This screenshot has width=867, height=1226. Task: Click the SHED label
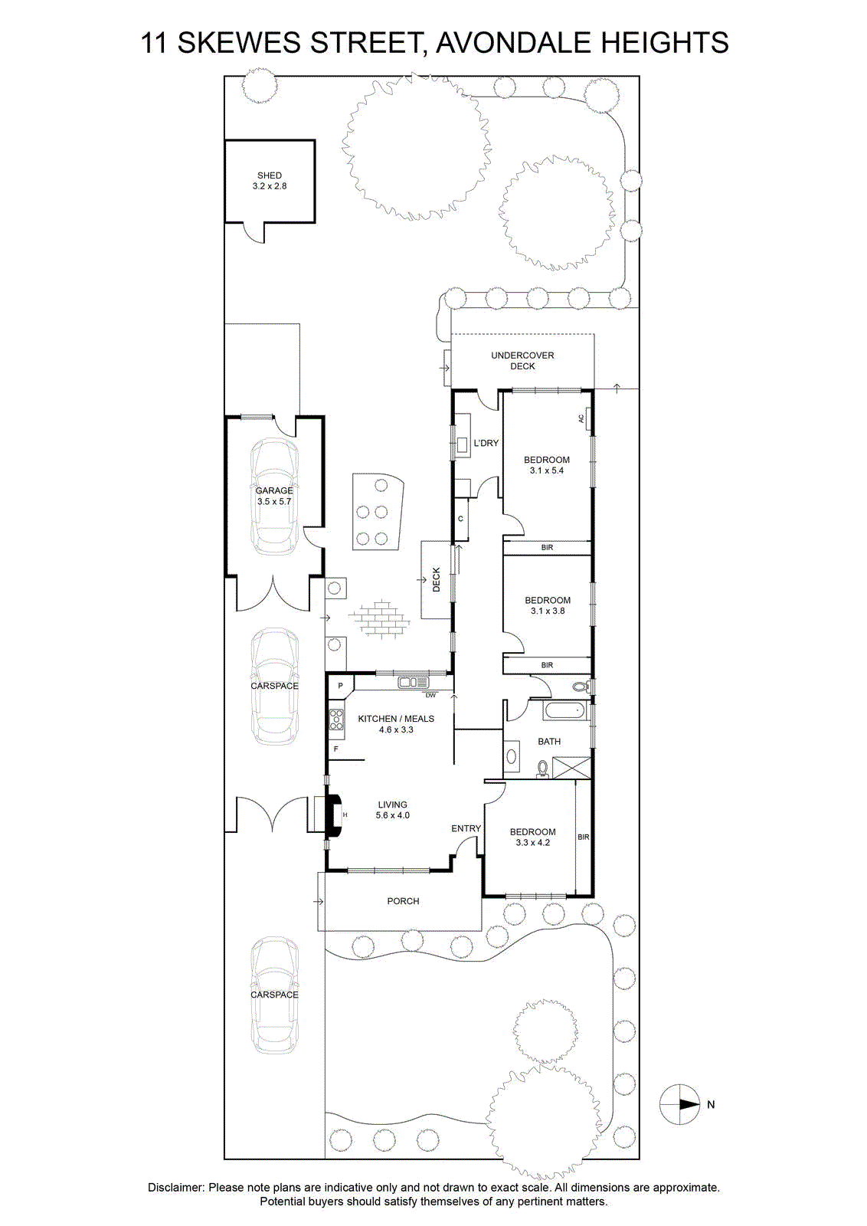(269, 175)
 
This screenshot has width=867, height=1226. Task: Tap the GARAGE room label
(274, 491)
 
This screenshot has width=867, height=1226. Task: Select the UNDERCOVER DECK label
(522, 361)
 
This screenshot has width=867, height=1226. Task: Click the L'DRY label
(486, 443)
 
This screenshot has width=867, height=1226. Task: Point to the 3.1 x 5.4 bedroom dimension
(546, 470)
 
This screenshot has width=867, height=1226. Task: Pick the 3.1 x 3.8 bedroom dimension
(548, 611)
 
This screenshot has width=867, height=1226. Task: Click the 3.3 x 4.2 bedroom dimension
(533, 842)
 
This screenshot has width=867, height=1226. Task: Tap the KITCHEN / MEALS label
(396, 719)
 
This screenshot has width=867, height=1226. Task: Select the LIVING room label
(393, 805)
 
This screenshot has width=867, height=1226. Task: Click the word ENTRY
(466, 828)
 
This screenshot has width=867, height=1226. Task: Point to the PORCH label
(403, 901)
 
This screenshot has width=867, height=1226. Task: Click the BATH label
(549, 741)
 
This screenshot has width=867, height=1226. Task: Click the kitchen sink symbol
(414, 683)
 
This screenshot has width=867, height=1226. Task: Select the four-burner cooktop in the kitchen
(336, 720)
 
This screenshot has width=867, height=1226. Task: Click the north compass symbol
(680, 1104)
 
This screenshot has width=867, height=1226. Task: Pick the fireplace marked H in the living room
(335, 815)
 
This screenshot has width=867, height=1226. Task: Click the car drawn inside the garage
(275, 497)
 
